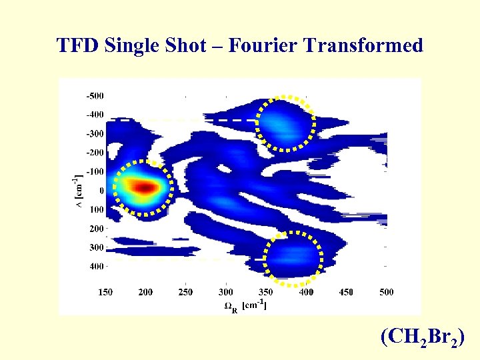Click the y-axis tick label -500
(x=94, y=95)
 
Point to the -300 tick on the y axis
(x=94, y=133)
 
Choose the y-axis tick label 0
(x=101, y=191)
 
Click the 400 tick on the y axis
(x=96, y=267)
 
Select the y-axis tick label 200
(x=96, y=229)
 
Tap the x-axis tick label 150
(x=105, y=292)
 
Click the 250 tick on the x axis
(x=185, y=292)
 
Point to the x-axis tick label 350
(x=266, y=292)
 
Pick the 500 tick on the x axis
(x=387, y=292)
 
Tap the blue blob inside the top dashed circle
(x=286, y=122)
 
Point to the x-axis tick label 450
(x=347, y=292)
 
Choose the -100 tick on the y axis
(x=94, y=171)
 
